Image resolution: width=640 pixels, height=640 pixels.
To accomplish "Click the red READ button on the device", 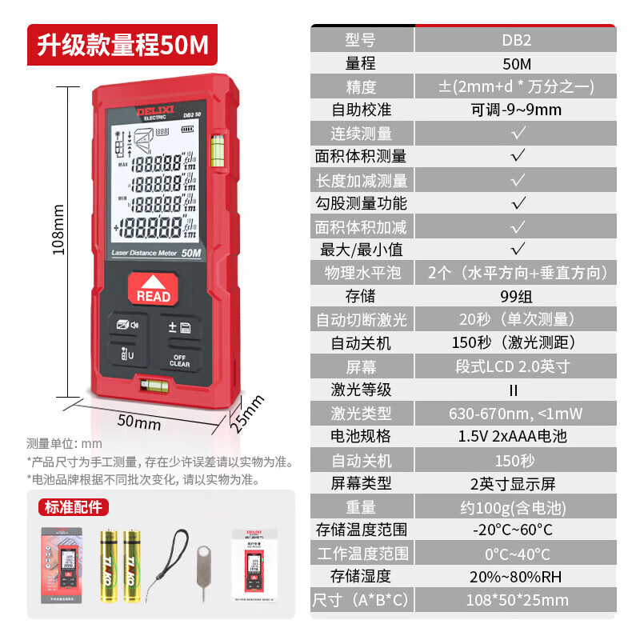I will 154,290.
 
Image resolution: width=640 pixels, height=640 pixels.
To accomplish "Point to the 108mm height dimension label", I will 58,228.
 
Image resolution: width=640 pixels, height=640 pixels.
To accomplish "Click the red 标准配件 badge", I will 74,506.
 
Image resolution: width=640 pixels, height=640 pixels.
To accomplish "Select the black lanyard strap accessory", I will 172,564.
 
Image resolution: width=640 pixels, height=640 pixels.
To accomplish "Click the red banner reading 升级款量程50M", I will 121,45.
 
